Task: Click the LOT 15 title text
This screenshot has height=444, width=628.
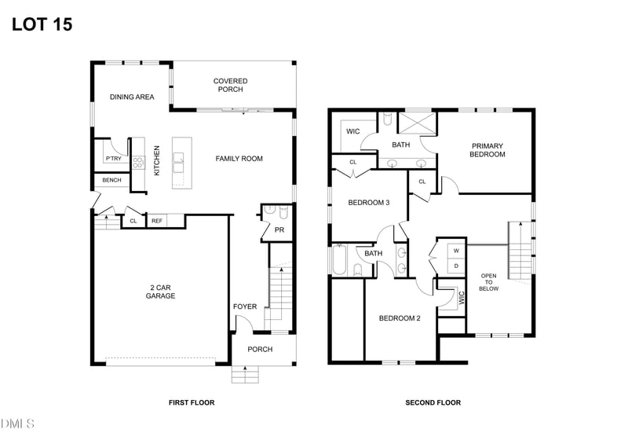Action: [42, 24]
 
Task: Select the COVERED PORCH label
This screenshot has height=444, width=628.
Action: [230, 85]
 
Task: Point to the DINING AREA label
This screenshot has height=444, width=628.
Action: [132, 97]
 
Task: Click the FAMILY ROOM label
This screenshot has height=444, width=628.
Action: [239, 159]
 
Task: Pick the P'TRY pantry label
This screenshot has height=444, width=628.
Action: [113, 159]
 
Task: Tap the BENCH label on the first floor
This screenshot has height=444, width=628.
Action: [111, 181]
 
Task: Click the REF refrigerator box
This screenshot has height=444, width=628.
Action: [157, 221]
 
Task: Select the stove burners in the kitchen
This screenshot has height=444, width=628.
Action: [138, 163]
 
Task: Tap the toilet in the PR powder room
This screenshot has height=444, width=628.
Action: [269, 211]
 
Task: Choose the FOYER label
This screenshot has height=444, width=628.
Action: [244, 306]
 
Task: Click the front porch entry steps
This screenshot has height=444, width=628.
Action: [245, 375]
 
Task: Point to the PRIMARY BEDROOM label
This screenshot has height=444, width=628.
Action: [487, 150]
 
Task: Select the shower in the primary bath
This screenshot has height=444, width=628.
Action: [417, 123]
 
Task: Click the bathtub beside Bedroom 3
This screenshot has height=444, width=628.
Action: [340, 260]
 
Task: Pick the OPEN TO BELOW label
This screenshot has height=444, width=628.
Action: [489, 282]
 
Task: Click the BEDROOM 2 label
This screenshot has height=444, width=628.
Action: [400, 318]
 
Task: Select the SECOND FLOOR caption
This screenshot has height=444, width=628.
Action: [433, 402]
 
